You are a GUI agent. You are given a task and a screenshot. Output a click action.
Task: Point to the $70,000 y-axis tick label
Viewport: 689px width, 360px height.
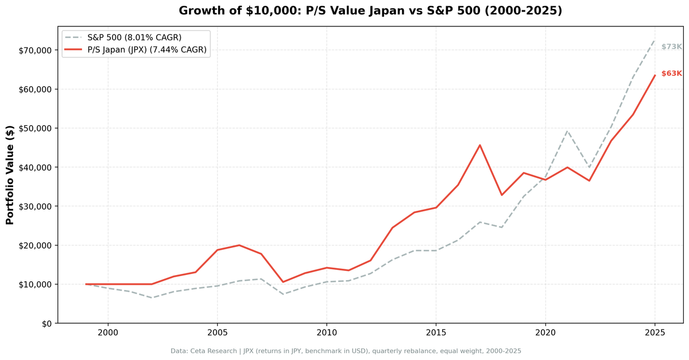coord(36,51)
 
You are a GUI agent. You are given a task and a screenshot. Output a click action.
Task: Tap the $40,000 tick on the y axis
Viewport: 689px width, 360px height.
coord(36,168)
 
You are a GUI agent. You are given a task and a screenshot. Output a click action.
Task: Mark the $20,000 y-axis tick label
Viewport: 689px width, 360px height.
coord(36,245)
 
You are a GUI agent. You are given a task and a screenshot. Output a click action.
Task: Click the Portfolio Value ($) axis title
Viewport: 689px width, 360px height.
coord(10,175)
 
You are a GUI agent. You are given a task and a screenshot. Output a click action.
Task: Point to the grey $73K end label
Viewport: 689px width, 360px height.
coord(671,47)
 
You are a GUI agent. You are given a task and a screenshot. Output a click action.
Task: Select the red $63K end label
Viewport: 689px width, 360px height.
coord(671,73)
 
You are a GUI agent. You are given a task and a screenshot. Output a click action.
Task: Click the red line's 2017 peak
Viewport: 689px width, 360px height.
coord(479,145)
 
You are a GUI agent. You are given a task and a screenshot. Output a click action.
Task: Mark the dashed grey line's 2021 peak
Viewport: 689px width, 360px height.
coord(567,131)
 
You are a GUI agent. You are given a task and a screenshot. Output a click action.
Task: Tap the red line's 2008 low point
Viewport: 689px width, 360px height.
coord(283,282)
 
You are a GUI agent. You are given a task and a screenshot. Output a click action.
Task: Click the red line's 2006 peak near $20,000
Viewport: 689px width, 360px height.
coord(239,245)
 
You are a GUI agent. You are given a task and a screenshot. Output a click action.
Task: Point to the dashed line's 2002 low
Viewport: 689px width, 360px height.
coord(152,298)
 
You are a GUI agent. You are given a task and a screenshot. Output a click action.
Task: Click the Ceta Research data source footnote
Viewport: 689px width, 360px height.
coord(346,351)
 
